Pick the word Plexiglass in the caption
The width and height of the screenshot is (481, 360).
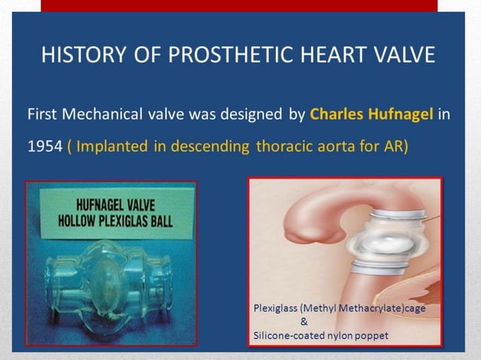click(278, 308)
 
